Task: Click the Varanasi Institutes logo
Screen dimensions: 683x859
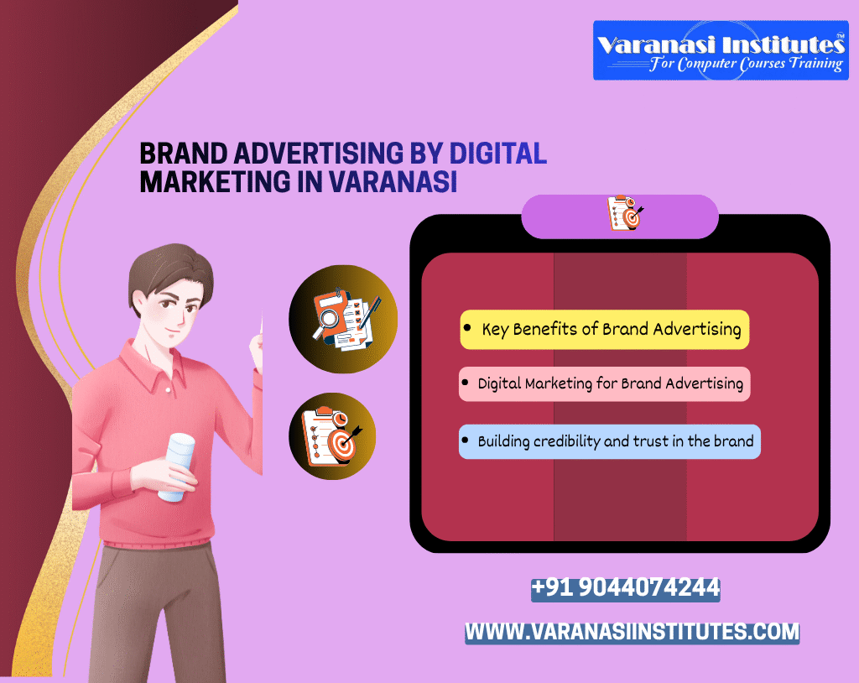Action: tap(719, 50)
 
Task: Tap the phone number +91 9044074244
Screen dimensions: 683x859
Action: tap(625, 587)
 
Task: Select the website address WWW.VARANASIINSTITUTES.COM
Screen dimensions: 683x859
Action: tap(633, 632)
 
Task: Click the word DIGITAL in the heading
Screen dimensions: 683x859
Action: tap(498, 154)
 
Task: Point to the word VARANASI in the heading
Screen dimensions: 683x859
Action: tap(393, 181)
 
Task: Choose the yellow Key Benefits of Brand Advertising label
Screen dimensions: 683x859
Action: tap(604, 329)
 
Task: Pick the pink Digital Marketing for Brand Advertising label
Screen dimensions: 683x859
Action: tap(604, 383)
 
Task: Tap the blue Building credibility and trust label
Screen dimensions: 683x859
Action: tap(609, 441)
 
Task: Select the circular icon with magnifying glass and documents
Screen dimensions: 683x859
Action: tap(343, 319)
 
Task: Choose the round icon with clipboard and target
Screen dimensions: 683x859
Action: tap(332, 436)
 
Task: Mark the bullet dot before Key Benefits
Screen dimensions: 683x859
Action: tap(467, 327)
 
